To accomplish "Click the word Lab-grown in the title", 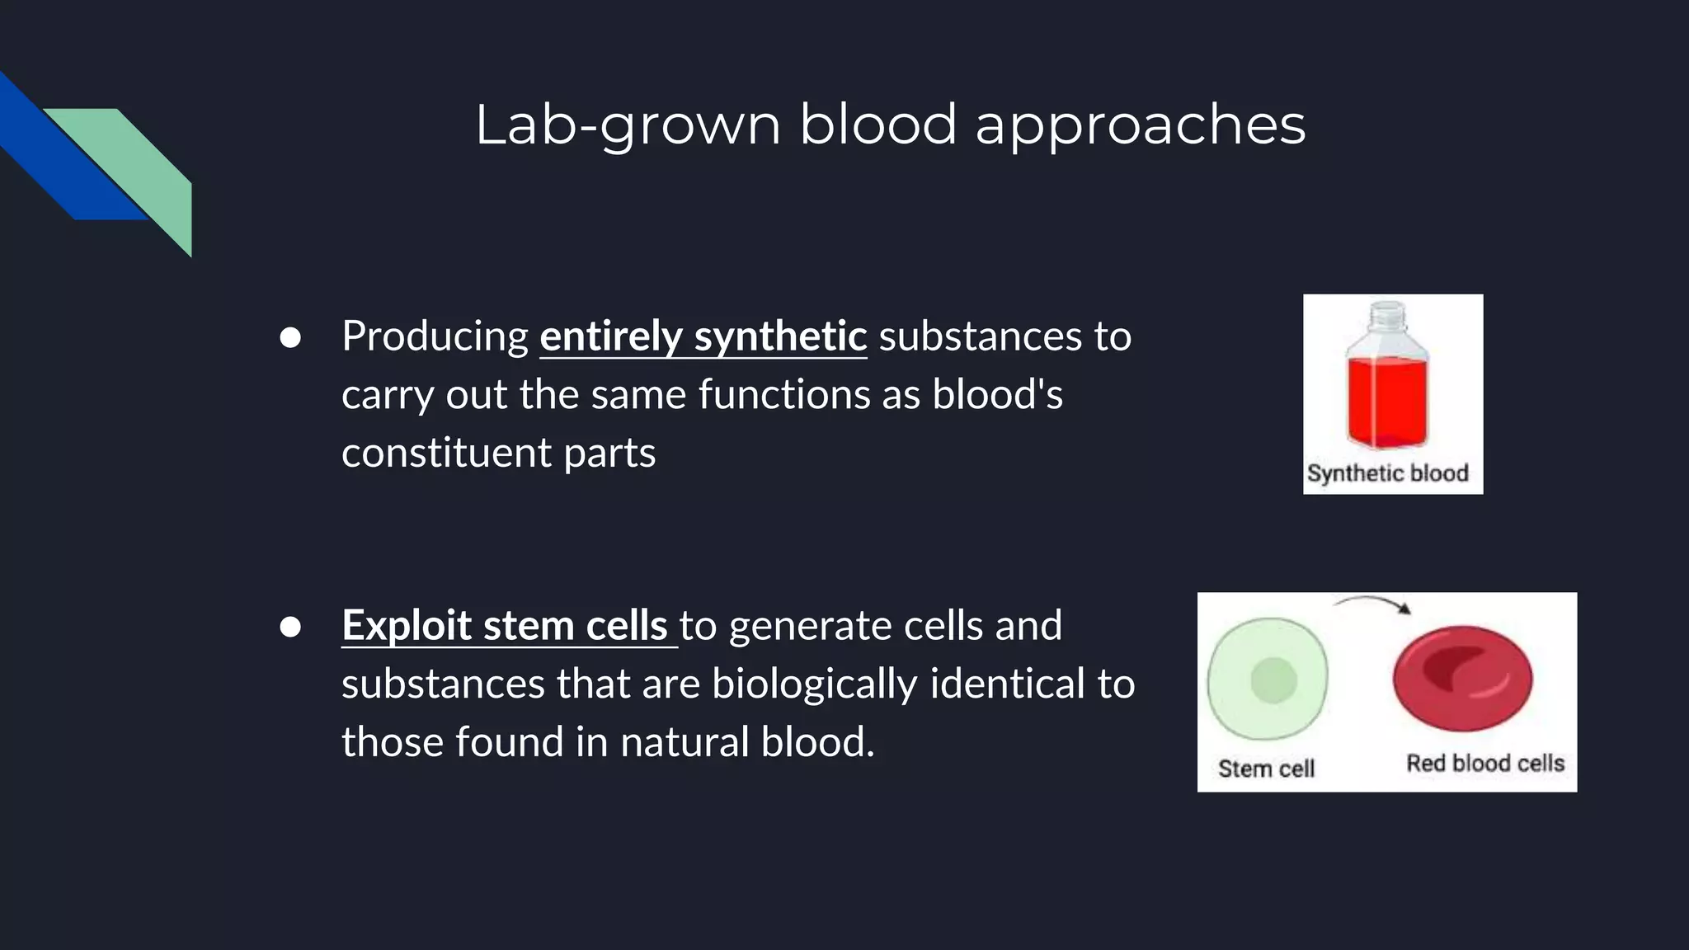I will click(627, 125).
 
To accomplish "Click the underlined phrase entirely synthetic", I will click(703, 336).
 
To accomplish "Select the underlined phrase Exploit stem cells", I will click(505, 625).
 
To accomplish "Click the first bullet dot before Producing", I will click(289, 337).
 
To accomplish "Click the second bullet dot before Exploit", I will click(289, 627).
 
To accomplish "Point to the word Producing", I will click(435, 336).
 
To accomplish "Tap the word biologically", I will click(814, 684).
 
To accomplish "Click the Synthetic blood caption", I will click(1388, 473).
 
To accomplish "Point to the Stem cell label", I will click(1266, 769).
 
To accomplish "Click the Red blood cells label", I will click(1484, 764).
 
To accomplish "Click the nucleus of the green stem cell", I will click(1273, 680).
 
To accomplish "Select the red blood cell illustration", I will click(1462, 679).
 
